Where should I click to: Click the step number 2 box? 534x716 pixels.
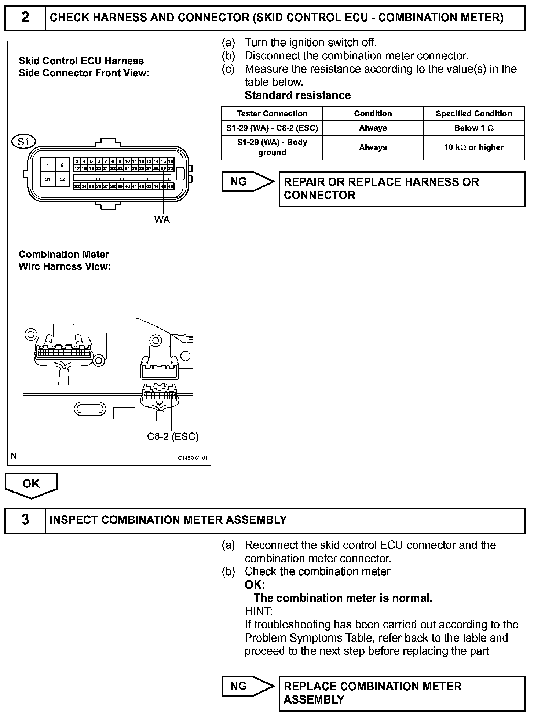(x=25, y=18)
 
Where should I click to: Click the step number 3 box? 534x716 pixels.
(x=25, y=520)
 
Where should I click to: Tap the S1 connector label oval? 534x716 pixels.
(x=23, y=142)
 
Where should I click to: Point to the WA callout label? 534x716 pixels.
(x=162, y=220)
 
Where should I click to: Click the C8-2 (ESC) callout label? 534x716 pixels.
(x=173, y=436)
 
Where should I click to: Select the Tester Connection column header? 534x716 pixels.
(x=272, y=114)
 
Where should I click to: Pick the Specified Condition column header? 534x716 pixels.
(x=473, y=114)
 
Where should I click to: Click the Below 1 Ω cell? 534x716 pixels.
(x=473, y=128)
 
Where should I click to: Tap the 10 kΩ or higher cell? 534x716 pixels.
(x=473, y=147)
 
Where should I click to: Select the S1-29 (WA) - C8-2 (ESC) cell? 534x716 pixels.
(x=272, y=128)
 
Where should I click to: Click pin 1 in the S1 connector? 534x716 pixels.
(x=48, y=165)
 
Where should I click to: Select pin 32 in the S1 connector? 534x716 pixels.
(x=62, y=179)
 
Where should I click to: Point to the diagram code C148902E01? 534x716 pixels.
(x=193, y=458)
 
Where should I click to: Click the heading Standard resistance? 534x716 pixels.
(x=297, y=95)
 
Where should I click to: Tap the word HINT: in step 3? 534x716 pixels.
(x=259, y=611)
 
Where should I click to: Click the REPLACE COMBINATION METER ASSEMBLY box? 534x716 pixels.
(x=402, y=693)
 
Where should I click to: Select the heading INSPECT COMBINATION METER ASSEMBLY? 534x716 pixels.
(x=168, y=520)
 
